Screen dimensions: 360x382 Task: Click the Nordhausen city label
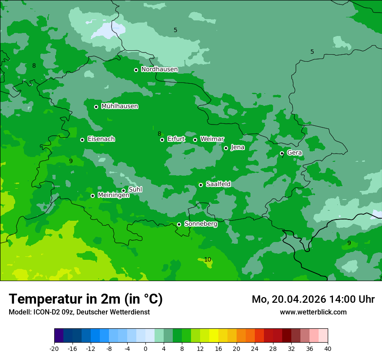coord(159,69)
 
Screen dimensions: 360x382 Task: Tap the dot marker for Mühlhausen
coord(96,107)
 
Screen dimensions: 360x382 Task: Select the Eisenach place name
coord(101,139)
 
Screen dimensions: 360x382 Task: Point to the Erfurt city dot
coord(162,140)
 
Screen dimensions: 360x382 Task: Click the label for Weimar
coord(212,139)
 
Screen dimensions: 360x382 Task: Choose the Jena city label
coord(237,147)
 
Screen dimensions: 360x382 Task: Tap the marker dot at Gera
coord(282,153)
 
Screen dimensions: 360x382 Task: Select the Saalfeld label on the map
coord(218,184)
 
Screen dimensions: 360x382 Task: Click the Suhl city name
coord(135,190)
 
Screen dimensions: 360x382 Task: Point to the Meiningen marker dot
coord(92,196)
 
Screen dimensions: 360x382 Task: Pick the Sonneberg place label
coord(201,224)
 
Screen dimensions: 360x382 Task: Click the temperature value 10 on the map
coord(207,260)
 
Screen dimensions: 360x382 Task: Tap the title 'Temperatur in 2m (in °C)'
coord(86,299)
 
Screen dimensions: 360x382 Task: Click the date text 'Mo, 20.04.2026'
coord(290,300)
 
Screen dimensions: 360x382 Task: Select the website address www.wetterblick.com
coord(313,312)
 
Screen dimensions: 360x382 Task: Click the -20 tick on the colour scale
coord(54,348)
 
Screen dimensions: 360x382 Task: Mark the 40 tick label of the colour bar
coord(328,348)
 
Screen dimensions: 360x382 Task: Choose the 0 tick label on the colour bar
coord(145,348)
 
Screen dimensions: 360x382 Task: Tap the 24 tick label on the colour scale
coord(255,348)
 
